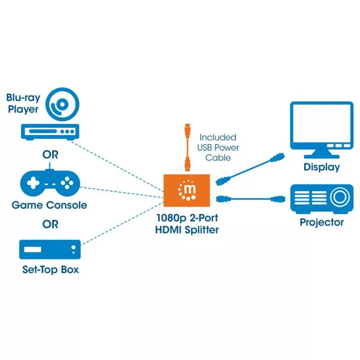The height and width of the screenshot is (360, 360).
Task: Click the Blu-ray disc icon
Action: (62, 104)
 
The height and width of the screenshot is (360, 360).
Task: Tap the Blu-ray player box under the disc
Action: (50, 132)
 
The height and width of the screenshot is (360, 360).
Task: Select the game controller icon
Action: (50, 183)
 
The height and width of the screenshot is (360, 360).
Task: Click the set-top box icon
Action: (50, 250)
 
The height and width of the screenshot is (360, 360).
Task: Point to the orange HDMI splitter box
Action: (187, 190)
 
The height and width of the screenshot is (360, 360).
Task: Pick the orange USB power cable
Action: (188, 148)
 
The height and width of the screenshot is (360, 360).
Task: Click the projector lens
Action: (340, 197)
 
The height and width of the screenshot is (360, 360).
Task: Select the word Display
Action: (322, 167)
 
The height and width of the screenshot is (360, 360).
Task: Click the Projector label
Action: (322, 222)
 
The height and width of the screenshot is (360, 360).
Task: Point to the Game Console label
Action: (49, 205)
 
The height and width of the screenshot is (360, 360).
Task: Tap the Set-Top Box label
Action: (50, 270)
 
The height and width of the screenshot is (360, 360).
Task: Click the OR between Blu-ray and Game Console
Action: (50, 155)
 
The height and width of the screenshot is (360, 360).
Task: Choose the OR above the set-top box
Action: (50, 224)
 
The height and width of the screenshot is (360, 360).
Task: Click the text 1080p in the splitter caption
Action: (171, 218)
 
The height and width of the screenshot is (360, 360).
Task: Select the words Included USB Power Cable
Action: (218, 148)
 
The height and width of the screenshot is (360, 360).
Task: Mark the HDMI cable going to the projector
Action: (251, 199)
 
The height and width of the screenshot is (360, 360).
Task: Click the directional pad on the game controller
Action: (33, 183)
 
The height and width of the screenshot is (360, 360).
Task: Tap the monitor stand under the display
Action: (322, 154)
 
